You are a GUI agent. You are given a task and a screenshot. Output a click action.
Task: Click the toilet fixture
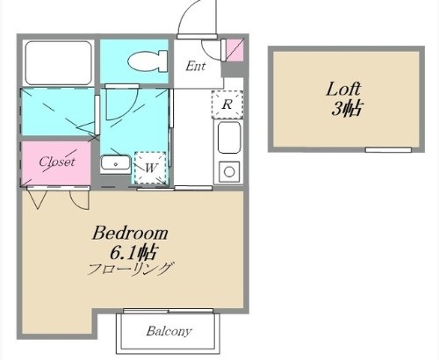(148, 61)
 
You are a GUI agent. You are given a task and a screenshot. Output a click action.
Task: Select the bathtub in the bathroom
(59, 63)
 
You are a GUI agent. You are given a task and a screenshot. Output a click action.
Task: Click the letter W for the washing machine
(151, 168)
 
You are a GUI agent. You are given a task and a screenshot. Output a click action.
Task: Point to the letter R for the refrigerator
(227, 104)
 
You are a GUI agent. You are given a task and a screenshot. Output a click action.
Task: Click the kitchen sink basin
(229, 138)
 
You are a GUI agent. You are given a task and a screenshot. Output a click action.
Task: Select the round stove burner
(229, 172)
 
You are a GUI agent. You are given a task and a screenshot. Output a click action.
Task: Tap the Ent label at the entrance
(196, 66)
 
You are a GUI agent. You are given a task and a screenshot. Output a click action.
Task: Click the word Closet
(57, 162)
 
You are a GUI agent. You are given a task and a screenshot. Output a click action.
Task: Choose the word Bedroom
(130, 233)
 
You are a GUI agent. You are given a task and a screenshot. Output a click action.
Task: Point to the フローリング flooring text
(129, 269)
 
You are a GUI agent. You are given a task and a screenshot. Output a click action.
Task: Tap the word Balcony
(169, 331)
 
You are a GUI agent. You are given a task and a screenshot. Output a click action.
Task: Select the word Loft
(343, 89)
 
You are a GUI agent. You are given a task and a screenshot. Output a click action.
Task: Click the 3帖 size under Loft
(346, 109)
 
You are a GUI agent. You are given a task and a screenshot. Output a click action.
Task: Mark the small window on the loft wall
(388, 150)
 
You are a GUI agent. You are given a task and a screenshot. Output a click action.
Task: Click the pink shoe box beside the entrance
(235, 50)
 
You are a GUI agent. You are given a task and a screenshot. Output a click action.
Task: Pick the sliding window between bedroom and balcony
(169, 311)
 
